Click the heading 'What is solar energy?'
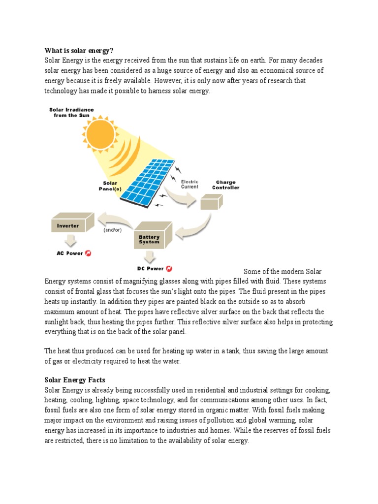click(79, 50)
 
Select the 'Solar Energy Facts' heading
click(75, 380)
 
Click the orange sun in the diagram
click(100, 131)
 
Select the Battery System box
click(153, 236)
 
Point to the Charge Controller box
click(211, 201)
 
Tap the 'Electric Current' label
click(189, 184)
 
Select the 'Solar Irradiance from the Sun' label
click(71, 112)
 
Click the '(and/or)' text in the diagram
click(112, 230)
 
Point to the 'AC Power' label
click(70, 253)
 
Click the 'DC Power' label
click(150, 269)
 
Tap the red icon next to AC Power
click(89, 253)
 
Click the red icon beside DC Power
click(169, 269)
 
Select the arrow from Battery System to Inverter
click(116, 219)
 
